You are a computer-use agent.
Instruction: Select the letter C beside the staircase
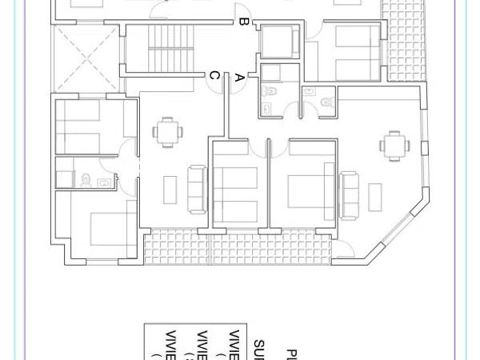214,75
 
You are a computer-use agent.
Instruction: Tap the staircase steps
160,48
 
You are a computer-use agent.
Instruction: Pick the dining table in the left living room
166,132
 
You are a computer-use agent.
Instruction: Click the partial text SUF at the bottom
260,349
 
